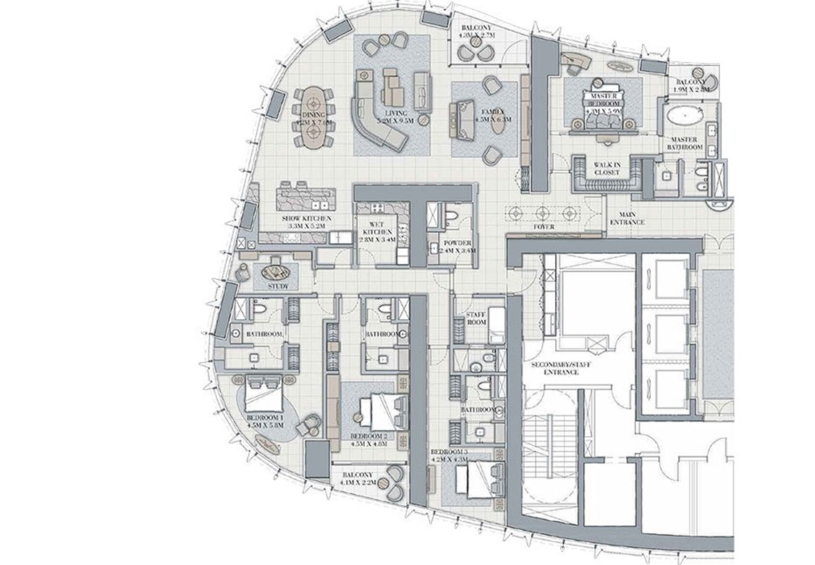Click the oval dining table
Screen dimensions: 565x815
point(313,118)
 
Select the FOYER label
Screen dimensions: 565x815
point(544,227)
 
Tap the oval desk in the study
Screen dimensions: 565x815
point(275,272)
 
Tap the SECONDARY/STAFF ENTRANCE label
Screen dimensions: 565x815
point(561,368)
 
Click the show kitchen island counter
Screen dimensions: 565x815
point(305,197)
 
